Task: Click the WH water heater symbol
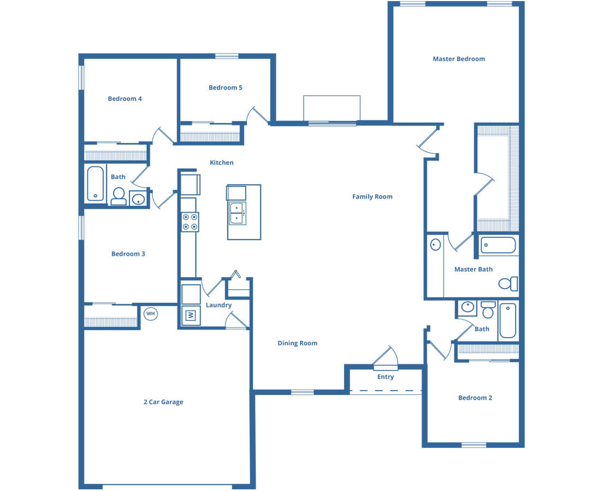pyautogui.click(x=150, y=314)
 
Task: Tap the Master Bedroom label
pyautogui.click(x=459, y=59)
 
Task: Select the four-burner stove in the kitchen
pyautogui.click(x=190, y=222)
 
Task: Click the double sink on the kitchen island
pyautogui.click(x=237, y=213)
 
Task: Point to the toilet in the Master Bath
pyautogui.click(x=509, y=284)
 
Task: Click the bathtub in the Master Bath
pyautogui.click(x=498, y=245)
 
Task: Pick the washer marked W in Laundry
pyautogui.click(x=191, y=315)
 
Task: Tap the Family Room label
pyautogui.click(x=373, y=197)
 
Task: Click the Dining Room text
pyautogui.click(x=297, y=343)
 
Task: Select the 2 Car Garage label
pyautogui.click(x=163, y=402)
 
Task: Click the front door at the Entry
pyautogui.click(x=385, y=358)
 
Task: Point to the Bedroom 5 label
pyautogui.click(x=226, y=88)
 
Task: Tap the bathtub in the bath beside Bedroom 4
pyautogui.click(x=96, y=184)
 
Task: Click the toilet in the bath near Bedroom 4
pyautogui.click(x=119, y=196)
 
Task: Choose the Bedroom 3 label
pyautogui.click(x=128, y=254)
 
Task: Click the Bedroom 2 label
pyautogui.click(x=475, y=398)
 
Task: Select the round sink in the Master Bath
pyautogui.click(x=435, y=245)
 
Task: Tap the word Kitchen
pyautogui.click(x=222, y=163)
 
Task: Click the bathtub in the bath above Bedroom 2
pyautogui.click(x=508, y=320)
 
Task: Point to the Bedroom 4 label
pyautogui.click(x=125, y=99)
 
